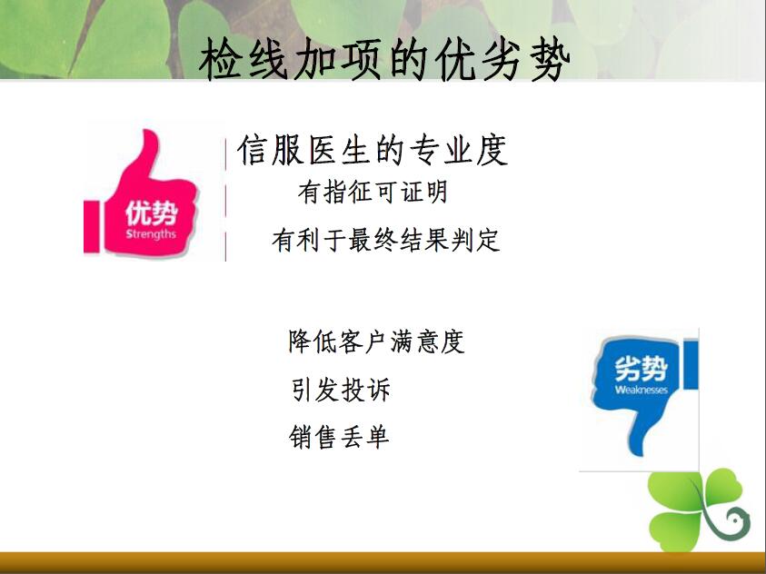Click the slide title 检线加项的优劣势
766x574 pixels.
[384, 60]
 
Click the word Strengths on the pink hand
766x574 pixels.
[151, 233]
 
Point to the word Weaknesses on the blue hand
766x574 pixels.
[641, 390]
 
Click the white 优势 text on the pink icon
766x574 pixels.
[151, 213]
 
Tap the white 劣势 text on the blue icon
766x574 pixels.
[641, 369]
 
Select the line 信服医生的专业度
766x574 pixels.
[373, 150]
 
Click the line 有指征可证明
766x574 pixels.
[373, 192]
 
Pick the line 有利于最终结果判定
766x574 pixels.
[386, 240]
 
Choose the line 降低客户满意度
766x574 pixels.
[376, 341]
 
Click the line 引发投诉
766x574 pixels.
[341, 389]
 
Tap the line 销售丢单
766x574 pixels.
[339, 436]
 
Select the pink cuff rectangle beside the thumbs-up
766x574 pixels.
[92, 227]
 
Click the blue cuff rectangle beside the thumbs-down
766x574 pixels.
[691, 364]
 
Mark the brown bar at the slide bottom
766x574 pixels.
[383, 563]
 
